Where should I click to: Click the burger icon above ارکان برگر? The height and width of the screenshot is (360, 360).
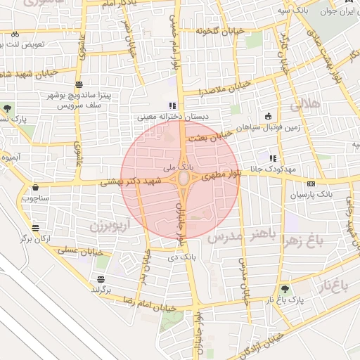tap(35, 228)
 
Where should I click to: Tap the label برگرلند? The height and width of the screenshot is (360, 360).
tap(102, 289)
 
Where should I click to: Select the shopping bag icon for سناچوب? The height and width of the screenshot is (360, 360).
tap(35, 188)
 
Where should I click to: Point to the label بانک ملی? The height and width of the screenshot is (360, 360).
tap(176, 168)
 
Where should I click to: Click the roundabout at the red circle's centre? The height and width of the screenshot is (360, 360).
tap(182, 179)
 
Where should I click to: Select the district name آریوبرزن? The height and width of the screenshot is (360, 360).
tap(91, 226)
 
